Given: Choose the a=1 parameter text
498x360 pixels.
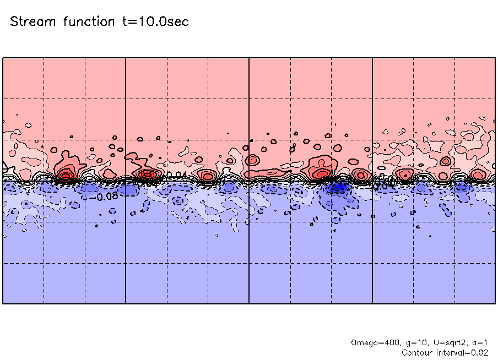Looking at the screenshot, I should pos(478,342).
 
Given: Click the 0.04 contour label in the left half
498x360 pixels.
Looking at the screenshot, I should pos(175,176).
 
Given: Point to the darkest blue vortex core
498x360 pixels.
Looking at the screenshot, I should pos(338,187).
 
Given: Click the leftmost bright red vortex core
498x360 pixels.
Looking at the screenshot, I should pos(66,176).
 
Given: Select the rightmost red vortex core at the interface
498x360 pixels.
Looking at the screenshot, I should pos(478,175).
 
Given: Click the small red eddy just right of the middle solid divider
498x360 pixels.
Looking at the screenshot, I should pos(253,160).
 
